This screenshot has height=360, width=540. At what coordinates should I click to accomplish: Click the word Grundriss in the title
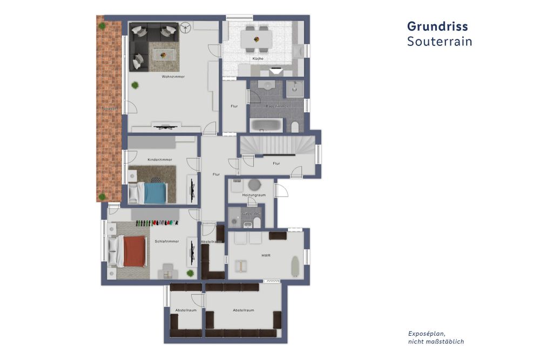pyautogui.click(x=437, y=26)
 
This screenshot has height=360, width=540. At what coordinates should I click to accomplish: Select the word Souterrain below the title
pyautogui.click(x=440, y=42)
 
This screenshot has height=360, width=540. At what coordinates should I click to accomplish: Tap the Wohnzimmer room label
pyautogui.click(x=173, y=77)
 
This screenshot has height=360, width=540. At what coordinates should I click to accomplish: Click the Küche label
pyautogui.click(x=257, y=58)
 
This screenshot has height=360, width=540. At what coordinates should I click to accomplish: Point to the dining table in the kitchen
pyautogui.click(x=256, y=39)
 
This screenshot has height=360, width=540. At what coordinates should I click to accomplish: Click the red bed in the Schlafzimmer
pyautogui.click(x=134, y=252)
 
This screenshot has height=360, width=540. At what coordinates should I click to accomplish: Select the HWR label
pyautogui.click(x=265, y=255)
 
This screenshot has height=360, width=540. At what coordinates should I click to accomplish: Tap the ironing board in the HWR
pyautogui.click(x=294, y=263)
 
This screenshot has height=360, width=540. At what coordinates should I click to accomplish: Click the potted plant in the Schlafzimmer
pyautogui.click(x=190, y=274)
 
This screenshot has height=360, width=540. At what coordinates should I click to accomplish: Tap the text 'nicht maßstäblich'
pyautogui.click(x=436, y=342)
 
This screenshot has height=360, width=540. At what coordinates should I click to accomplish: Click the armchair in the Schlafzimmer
pyautogui.click(x=167, y=270)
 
